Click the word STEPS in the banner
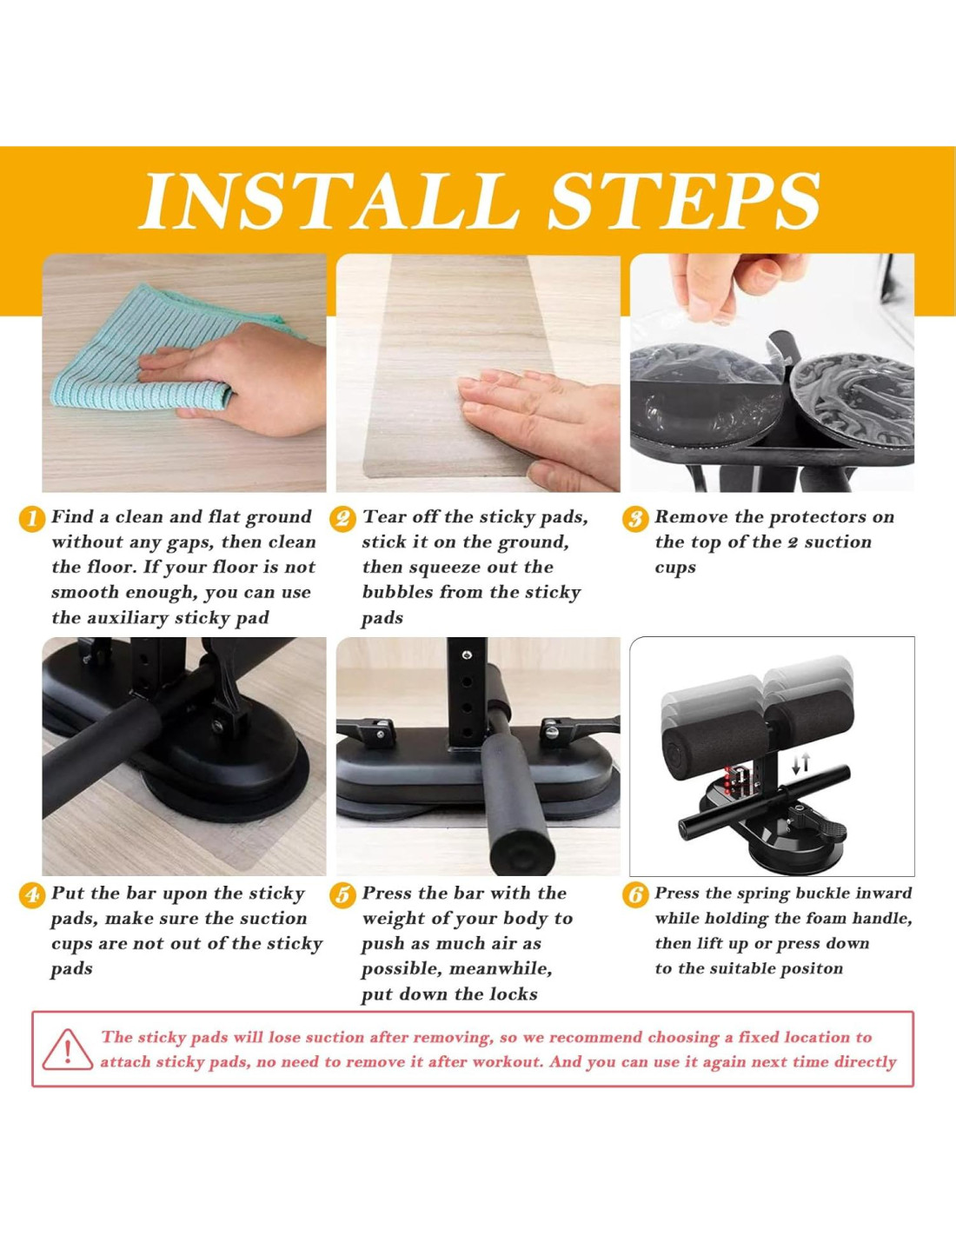684,200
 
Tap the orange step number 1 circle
32,520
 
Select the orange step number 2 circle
342,520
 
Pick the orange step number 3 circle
635,520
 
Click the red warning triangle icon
68,1049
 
